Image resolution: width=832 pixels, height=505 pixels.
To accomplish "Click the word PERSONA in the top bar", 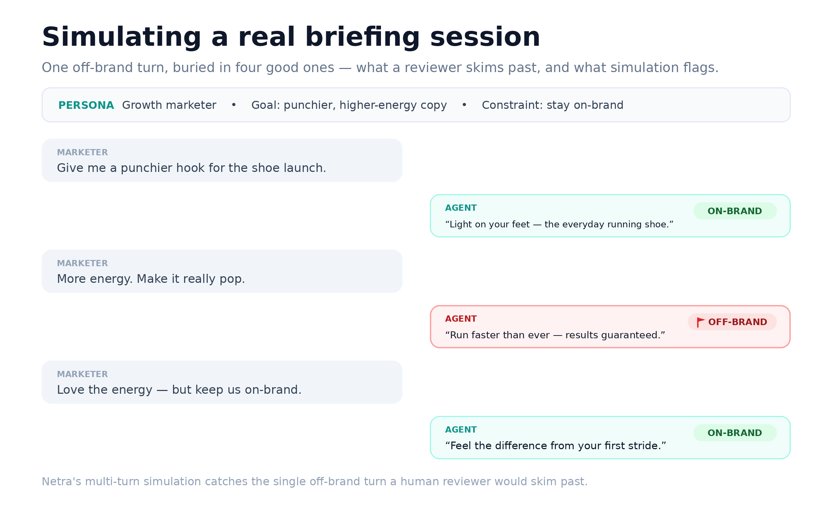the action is (x=86, y=105).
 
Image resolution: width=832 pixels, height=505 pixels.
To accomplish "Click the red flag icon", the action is (x=701, y=322).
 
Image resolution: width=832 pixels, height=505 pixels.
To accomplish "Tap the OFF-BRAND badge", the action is (x=732, y=322).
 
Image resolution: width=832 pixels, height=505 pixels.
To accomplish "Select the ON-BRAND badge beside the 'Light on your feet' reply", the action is (x=735, y=211).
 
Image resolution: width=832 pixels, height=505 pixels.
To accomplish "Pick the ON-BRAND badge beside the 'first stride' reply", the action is (x=735, y=433).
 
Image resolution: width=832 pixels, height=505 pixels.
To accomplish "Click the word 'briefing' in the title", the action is (x=363, y=37).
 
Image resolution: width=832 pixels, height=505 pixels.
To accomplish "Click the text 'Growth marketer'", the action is (x=169, y=105).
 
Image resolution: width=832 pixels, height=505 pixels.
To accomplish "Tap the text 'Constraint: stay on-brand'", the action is (x=553, y=105).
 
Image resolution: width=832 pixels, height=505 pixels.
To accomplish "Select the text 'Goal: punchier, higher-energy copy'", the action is (x=349, y=105).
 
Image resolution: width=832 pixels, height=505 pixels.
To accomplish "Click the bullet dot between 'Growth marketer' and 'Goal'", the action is (x=234, y=105).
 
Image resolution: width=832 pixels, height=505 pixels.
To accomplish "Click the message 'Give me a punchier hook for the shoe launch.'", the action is (x=191, y=168).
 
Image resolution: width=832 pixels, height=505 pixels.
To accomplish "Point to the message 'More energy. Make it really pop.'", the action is (x=151, y=279).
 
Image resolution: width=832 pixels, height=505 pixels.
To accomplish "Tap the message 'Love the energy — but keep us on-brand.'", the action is (x=179, y=390).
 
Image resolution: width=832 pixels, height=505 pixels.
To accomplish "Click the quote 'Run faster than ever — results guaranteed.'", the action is (x=555, y=335).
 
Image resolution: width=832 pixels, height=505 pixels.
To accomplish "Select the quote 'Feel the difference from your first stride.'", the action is (x=555, y=445).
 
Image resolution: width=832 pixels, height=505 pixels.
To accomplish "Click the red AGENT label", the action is (x=461, y=319).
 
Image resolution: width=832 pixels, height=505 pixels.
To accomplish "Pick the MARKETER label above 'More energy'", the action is (x=83, y=263).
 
